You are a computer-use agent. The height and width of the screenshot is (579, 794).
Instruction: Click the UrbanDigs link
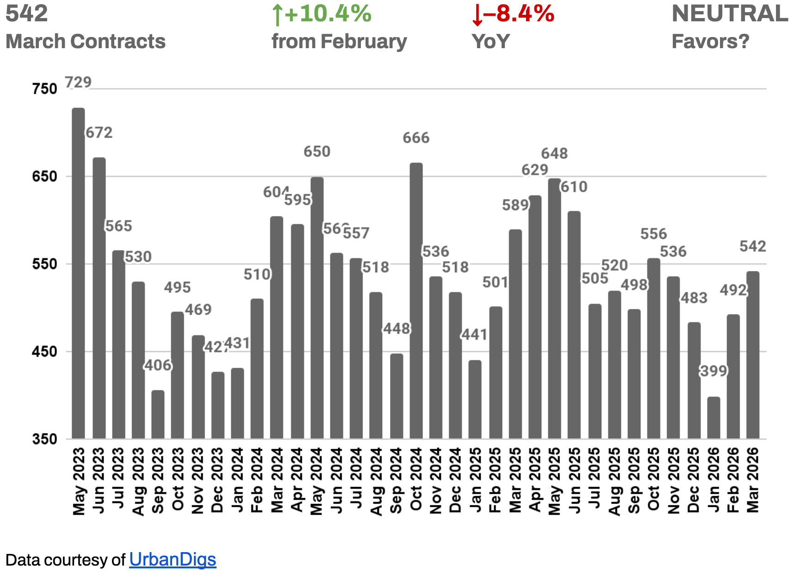[x=173, y=560]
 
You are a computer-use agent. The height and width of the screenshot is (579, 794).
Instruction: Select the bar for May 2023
[x=78, y=273]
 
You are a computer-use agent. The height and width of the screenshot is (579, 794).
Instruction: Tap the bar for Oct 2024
[x=416, y=301]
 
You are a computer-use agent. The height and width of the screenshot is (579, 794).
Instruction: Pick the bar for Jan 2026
[x=713, y=418]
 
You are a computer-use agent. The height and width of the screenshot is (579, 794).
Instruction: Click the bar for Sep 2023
[x=158, y=415]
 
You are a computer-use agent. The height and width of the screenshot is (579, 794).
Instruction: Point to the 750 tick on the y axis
[x=44, y=89]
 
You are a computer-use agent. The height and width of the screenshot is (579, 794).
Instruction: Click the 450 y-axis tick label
[x=44, y=352]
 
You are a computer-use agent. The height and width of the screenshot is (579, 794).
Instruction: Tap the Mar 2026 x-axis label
[x=753, y=480]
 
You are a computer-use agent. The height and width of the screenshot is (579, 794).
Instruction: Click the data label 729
[x=78, y=82]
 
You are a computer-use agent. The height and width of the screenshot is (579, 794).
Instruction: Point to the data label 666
[x=416, y=138]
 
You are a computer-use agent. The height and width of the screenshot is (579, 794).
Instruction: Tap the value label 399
[x=713, y=371]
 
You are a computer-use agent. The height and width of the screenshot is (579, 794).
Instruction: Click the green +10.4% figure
[x=322, y=14]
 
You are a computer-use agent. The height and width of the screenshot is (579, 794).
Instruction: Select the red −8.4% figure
[x=513, y=14]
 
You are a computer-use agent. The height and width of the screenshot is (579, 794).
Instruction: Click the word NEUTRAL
[x=730, y=13]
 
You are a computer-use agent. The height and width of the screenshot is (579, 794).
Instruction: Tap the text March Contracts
[x=86, y=41]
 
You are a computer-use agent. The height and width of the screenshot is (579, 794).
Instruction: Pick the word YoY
[x=490, y=41]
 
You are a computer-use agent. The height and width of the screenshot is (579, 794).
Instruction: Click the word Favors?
[x=710, y=41]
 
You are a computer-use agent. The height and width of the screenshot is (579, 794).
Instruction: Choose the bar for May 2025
[x=554, y=308]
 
